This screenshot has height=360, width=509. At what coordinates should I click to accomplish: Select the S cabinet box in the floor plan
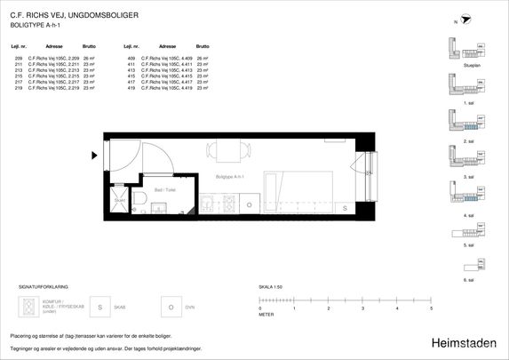point(345,206)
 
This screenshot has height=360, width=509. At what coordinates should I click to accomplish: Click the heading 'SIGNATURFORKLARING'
point(44,288)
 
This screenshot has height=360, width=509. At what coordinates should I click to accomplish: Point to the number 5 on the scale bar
point(431,308)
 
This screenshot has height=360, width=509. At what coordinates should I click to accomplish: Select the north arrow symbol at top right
point(465,21)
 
